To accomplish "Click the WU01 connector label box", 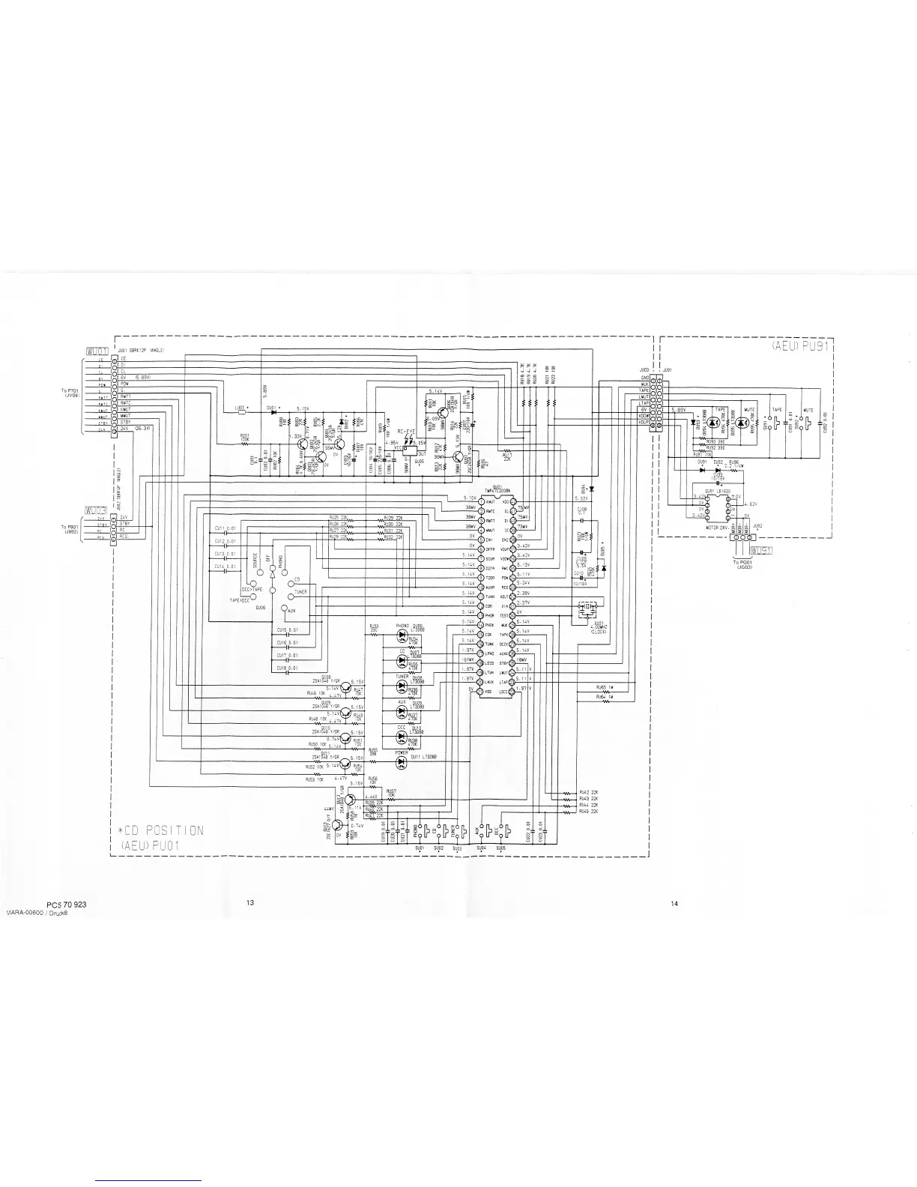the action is point(98,351).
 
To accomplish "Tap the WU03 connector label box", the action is point(98,509).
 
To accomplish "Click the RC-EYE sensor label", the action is point(407,432).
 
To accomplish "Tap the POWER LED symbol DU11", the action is point(401,761).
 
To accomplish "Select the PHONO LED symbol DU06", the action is point(401,635).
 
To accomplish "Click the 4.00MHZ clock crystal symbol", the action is point(587,611).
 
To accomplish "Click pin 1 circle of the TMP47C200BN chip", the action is point(480,501).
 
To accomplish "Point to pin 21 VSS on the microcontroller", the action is point(480,692).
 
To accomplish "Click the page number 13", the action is point(250,903).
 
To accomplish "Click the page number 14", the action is point(674,904).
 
